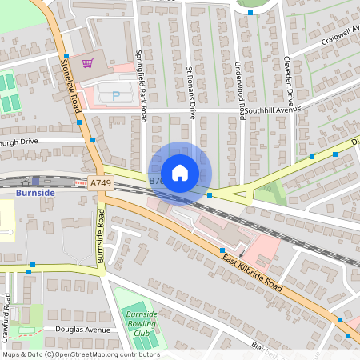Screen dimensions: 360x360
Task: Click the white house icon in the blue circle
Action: (180, 173)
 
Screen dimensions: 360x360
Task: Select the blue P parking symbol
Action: (116, 95)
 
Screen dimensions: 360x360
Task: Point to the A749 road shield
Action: (102, 184)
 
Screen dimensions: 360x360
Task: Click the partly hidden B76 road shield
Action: (154, 182)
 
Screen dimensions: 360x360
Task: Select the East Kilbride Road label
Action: (255, 271)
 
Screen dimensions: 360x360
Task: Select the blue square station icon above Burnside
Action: (35, 182)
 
